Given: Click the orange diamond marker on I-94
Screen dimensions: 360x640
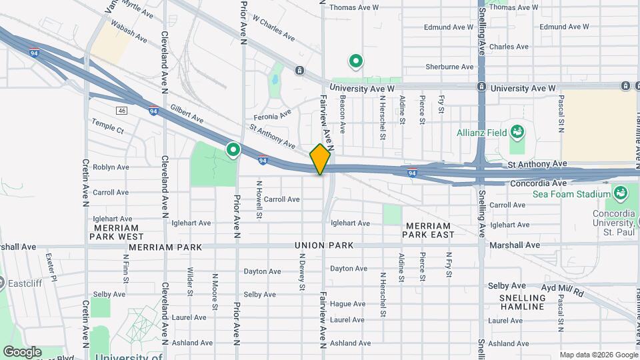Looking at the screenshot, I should [320, 159].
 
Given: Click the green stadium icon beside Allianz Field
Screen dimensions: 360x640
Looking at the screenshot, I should [517, 131].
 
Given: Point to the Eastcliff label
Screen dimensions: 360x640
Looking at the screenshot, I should [24, 283].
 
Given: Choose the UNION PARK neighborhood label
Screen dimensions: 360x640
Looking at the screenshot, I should [324, 246].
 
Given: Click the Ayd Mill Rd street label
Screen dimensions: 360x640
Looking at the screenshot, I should [562, 293].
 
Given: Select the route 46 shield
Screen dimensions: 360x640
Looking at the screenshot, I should [121, 111].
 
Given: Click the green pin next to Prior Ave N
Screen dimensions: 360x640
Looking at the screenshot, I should [233, 150].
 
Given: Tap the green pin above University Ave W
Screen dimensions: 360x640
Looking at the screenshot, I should [356, 62].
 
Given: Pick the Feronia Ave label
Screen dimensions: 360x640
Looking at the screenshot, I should [275, 114].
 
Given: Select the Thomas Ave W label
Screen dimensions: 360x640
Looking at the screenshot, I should [354, 8].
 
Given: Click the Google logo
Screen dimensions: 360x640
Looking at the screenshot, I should [21, 352].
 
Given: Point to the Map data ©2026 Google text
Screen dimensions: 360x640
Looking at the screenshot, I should [598, 355].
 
